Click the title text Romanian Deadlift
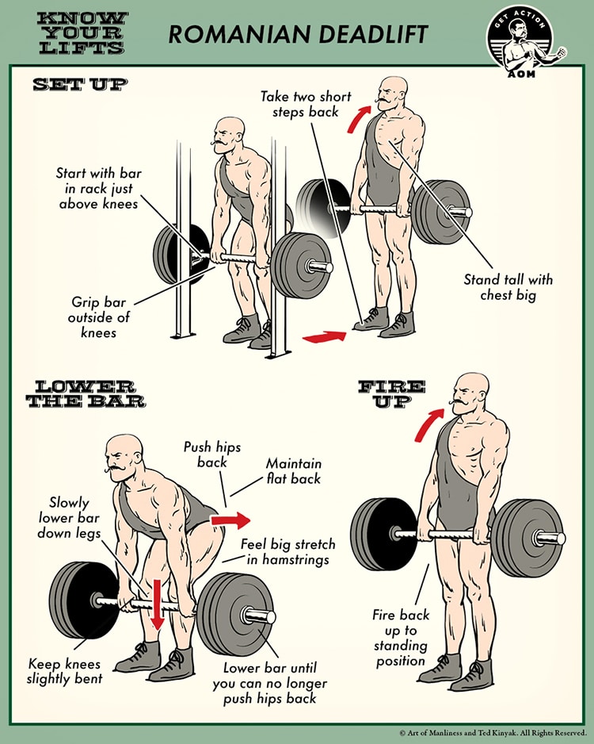tap(297, 33)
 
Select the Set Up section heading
tap(78, 84)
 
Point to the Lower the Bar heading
tap(86, 393)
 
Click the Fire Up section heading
tap(391, 393)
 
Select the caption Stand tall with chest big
tap(508, 287)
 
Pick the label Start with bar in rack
tap(99, 188)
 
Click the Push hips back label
tap(207, 454)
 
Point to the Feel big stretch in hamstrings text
tap(287, 552)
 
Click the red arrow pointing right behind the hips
tap(230, 520)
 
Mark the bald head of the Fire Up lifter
tap(473, 387)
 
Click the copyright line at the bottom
tap(492, 733)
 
